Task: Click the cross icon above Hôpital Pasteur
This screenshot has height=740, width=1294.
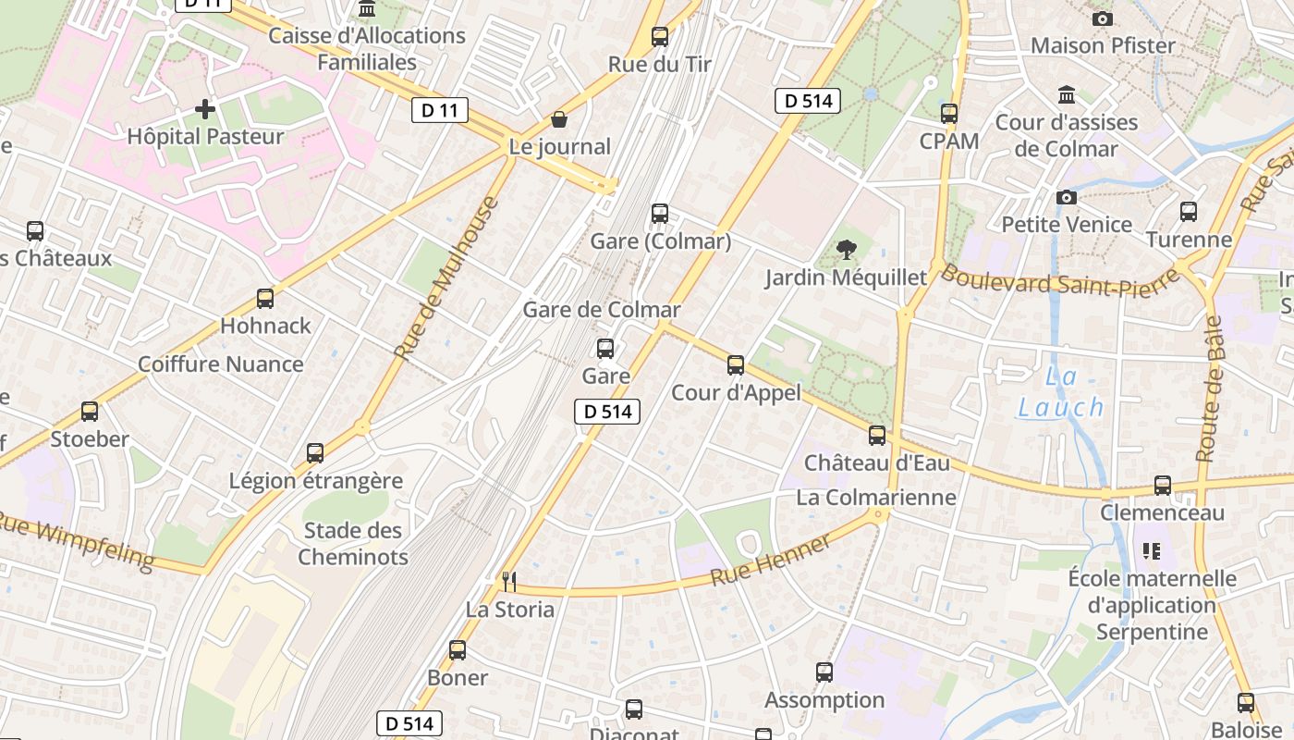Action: [205, 110]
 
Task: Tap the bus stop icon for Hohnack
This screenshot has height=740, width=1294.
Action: [265, 299]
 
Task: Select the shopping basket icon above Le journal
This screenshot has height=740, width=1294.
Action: [559, 119]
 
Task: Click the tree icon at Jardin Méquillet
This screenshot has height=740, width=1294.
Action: [845, 249]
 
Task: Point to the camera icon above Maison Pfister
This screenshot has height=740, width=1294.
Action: [1102, 18]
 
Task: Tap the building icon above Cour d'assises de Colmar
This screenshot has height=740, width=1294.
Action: [1067, 95]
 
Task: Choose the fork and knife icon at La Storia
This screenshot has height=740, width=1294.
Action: [508, 581]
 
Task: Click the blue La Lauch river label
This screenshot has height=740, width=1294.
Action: [1061, 392]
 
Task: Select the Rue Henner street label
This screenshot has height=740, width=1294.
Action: [771, 561]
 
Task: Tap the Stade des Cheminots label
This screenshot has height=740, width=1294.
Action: [353, 544]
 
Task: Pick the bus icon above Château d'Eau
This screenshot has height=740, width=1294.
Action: [876, 435]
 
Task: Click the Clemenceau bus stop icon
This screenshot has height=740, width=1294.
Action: [1163, 486]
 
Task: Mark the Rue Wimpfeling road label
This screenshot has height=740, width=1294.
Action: [76, 540]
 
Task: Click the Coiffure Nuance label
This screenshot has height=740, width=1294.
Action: [220, 364]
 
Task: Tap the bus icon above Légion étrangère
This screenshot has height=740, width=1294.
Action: [315, 453]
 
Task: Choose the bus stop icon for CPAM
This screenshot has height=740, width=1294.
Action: [949, 114]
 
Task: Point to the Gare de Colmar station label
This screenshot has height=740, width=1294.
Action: [602, 310]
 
